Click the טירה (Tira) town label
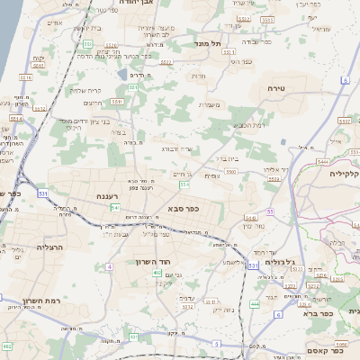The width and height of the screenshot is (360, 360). click(x=276, y=88)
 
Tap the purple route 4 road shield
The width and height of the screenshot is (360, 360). click(x=109, y=266)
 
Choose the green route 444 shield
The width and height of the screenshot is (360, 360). click(x=255, y=305)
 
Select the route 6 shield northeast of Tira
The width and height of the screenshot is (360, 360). click(x=346, y=81)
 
